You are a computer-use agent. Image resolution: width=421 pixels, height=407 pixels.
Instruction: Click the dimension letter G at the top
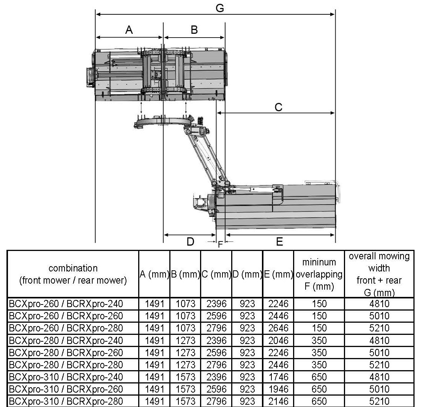(219, 8)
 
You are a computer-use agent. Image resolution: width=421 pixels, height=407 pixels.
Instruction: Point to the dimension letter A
(129, 30)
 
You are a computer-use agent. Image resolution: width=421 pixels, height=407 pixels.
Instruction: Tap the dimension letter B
(194, 30)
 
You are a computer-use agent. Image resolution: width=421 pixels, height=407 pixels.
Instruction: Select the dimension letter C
(278, 107)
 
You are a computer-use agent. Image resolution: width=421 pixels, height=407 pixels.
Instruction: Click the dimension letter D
(190, 241)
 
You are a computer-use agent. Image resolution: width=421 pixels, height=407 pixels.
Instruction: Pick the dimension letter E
(279, 242)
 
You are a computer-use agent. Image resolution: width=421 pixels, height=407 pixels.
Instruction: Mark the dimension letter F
(220, 245)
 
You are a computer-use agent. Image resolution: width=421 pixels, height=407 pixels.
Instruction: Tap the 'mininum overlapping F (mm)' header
(319, 274)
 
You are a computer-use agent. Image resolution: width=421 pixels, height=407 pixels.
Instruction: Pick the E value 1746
(279, 377)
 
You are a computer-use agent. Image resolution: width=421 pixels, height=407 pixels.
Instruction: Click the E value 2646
(279, 328)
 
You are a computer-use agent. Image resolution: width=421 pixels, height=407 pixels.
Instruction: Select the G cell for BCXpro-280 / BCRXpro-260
(379, 353)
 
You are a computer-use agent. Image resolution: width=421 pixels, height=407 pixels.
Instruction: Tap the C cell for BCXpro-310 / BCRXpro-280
(216, 401)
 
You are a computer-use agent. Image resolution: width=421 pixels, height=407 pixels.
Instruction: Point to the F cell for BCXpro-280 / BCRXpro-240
(319, 341)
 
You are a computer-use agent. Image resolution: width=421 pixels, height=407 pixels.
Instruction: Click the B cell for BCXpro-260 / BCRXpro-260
(185, 316)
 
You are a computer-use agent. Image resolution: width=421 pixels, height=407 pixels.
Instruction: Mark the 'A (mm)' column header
(155, 274)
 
